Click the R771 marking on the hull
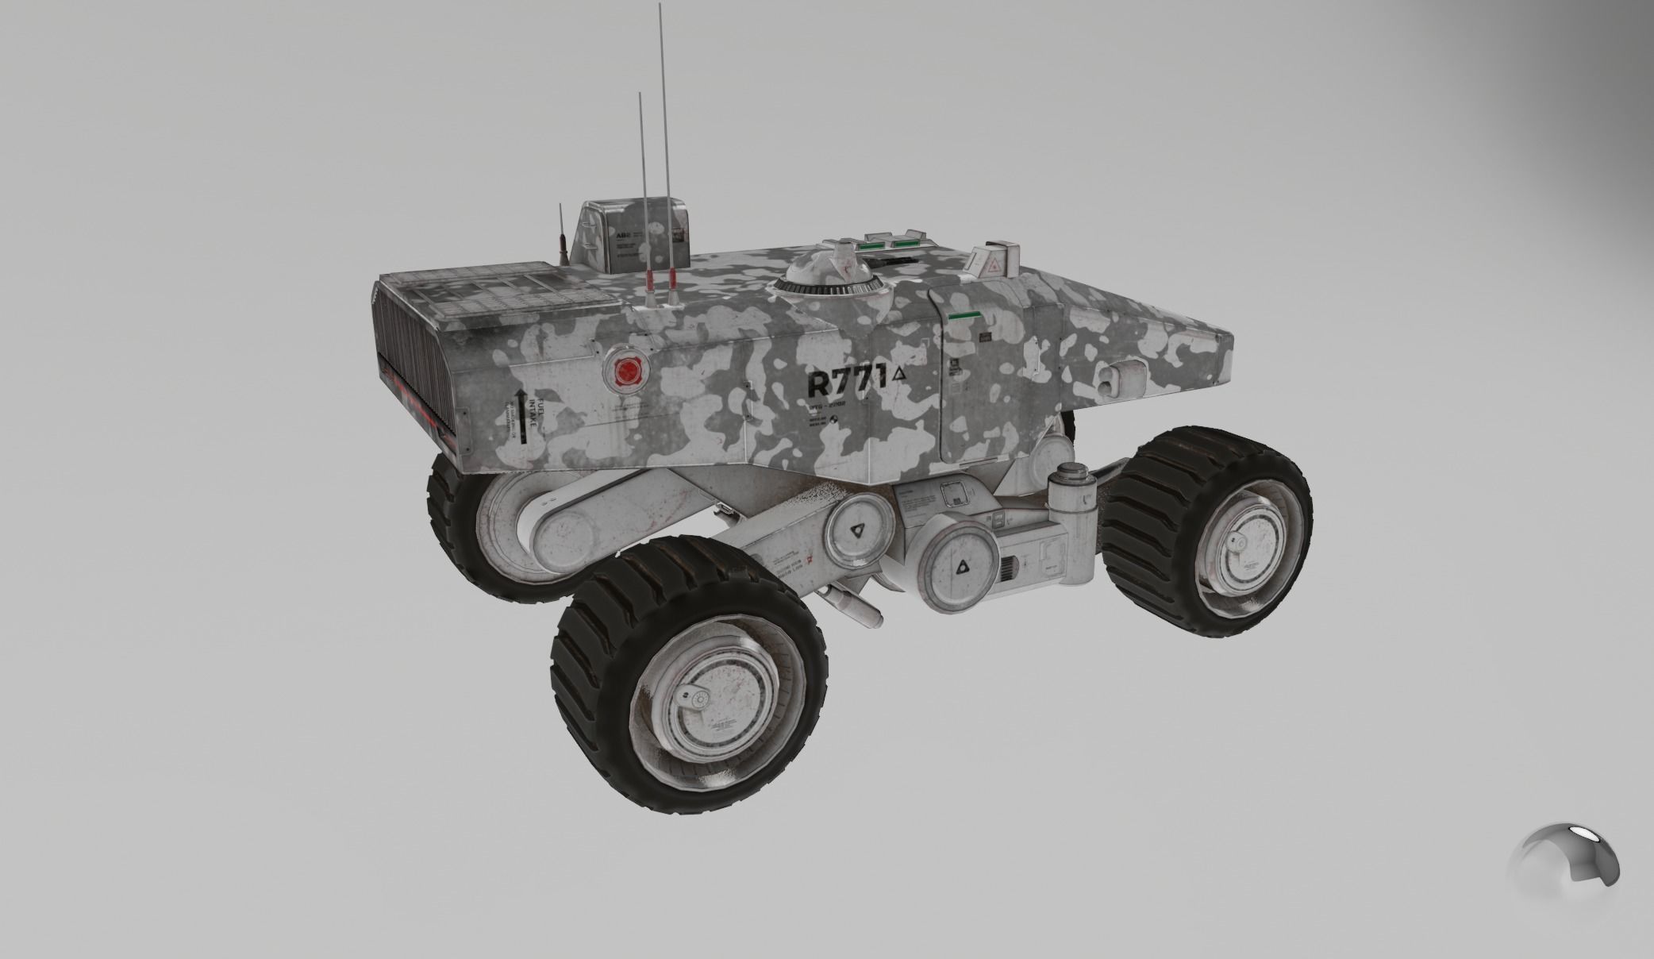(x=846, y=383)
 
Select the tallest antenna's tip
(x=660, y=6)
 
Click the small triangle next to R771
(x=898, y=374)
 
